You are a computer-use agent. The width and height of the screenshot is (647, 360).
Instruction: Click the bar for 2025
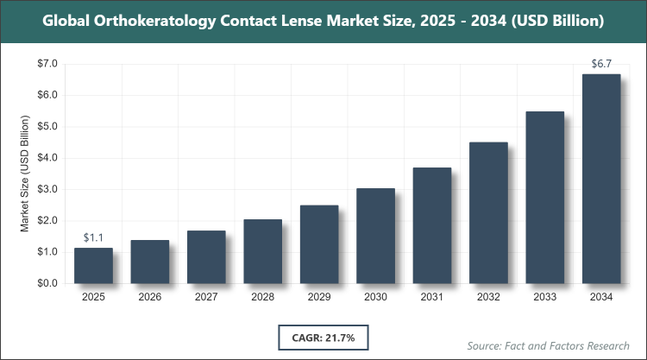click(x=93, y=266)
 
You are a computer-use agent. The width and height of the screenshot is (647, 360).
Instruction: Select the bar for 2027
click(x=206, y=257)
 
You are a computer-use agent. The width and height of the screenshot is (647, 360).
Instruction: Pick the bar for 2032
click(x=488, y=212)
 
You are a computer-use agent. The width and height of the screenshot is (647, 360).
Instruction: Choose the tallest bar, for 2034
click(x=601, y=179)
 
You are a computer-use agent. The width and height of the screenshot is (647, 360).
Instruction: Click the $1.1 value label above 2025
click(x=93, y=237)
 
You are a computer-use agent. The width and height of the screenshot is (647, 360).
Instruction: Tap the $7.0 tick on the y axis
click(x=47, y=64)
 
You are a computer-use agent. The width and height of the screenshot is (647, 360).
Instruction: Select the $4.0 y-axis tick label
click(x=47, y=158)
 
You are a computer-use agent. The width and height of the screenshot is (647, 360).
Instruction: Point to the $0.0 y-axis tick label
click(x=47, y=283)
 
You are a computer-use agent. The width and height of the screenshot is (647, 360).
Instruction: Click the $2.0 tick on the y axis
click(x=47, y=221)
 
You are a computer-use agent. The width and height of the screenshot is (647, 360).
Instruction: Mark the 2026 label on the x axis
click(x=149, y=297)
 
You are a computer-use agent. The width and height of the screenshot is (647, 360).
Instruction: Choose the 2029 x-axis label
click(x=319, y=297)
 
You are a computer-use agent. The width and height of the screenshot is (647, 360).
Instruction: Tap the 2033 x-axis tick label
click(x=545, y=297)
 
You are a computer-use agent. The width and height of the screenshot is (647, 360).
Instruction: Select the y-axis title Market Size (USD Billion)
click(x=25, y=173)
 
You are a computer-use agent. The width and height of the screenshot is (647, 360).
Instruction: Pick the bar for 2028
click(x=262, y=251)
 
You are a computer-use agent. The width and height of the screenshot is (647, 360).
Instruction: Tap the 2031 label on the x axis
click(x=432, y=297)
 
